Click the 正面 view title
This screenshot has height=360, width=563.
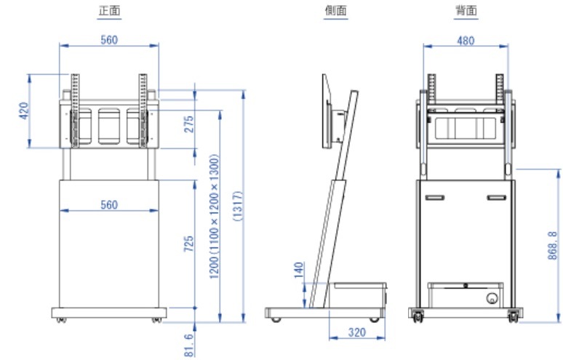[108, 12]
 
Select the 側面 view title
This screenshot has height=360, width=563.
[335, 12]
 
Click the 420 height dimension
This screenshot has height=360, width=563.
[23, 111]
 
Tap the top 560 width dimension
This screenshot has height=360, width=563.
[108, 41]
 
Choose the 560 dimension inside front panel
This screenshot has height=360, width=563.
[108, 205]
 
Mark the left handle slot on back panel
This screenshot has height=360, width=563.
[434, 197]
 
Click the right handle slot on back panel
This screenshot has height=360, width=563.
[495, 197]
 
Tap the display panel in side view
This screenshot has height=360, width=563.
[326, 110]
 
